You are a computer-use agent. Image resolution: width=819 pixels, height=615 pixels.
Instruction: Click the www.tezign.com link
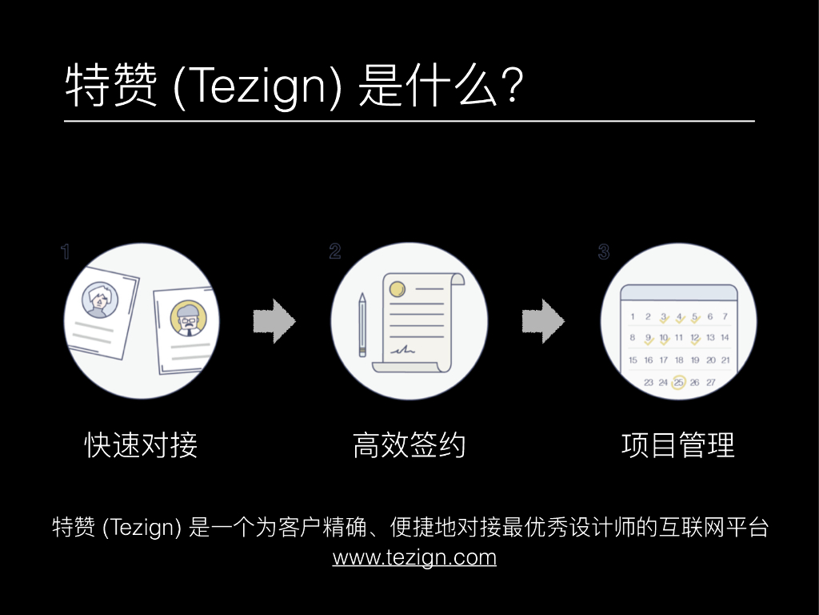pyautogui.click(x=414, y=557)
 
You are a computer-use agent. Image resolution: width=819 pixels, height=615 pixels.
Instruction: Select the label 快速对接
pyautogui.click(x=141, y=445)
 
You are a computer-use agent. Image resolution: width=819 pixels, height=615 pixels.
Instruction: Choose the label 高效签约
pyautogui.click(x=409, y=445)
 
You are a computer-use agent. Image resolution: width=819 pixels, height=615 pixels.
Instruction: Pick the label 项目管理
pyautogui.click(x=677, y=445)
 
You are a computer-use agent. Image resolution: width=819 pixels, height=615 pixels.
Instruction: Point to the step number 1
pyautogui.click(x=66, y=252)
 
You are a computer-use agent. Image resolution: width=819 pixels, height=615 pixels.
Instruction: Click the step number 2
pyautogui.click(x=334, y=251)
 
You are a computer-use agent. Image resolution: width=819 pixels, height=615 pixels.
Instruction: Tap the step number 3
pyautogui.click(x=603, y=252)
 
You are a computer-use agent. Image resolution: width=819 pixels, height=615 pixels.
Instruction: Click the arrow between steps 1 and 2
pyautogui.click(x=274, y=322)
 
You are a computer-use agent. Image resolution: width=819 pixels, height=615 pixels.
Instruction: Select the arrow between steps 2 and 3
pyautogui.click(x=543, y=322)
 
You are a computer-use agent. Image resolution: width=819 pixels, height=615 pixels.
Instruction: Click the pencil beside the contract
pyautogui.click(x=362, y=324)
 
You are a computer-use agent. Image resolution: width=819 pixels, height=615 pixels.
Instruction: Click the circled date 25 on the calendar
pyautogui.click(x=678, y=383)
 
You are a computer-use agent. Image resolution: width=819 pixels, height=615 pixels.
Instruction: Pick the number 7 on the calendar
pyautogui.click(x=725, y=316)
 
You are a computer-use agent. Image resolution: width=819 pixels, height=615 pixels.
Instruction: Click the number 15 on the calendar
pyautogui.click(x=633, y=360)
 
